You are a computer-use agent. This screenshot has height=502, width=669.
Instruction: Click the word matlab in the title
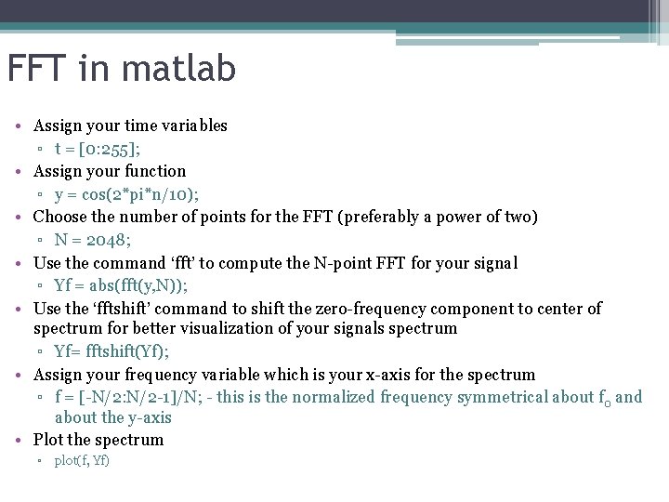click(x=184, y=68)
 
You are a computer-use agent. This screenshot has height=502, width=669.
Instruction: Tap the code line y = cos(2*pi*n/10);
click(x=126, y=194)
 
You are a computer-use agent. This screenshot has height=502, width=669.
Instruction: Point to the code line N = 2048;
click(x=93, y=240)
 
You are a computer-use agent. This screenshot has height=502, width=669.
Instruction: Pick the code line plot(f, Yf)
click(x=82, y=461)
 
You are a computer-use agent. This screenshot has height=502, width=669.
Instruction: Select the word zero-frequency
click(x=365, y=309)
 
